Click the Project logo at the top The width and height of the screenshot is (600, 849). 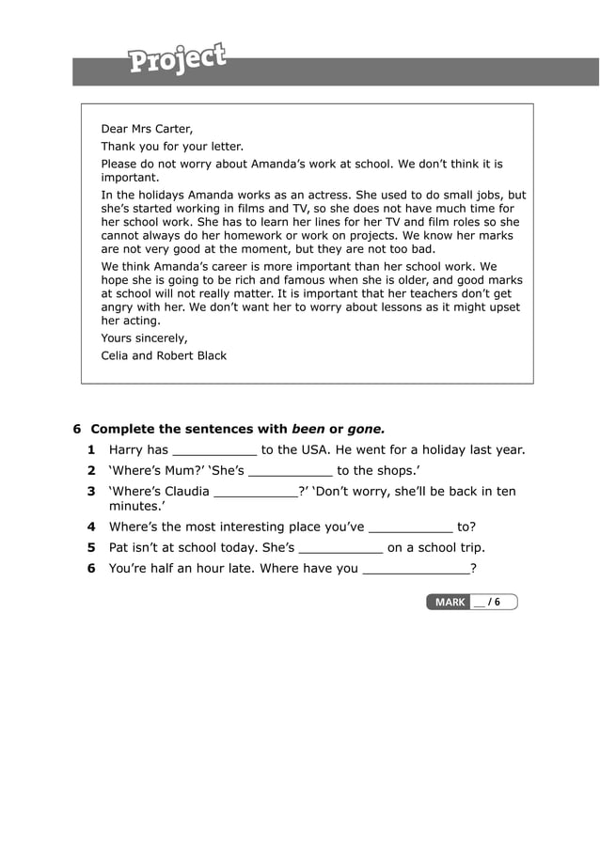[178, 58]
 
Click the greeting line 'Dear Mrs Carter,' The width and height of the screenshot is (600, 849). [147, 129]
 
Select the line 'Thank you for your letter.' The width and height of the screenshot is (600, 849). [172, 147]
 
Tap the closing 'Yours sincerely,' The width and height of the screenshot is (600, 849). [144, 338]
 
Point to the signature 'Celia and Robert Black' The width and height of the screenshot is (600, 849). [164, 355]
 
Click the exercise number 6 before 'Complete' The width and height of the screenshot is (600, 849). [77, 429]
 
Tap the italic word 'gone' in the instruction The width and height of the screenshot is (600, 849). [366, 429]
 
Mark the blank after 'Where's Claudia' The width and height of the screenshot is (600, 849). [255, 493]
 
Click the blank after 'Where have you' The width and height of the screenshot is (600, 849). [415, 570]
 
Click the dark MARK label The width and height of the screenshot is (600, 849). [450, 602]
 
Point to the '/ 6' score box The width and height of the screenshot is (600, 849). [493, 602]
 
